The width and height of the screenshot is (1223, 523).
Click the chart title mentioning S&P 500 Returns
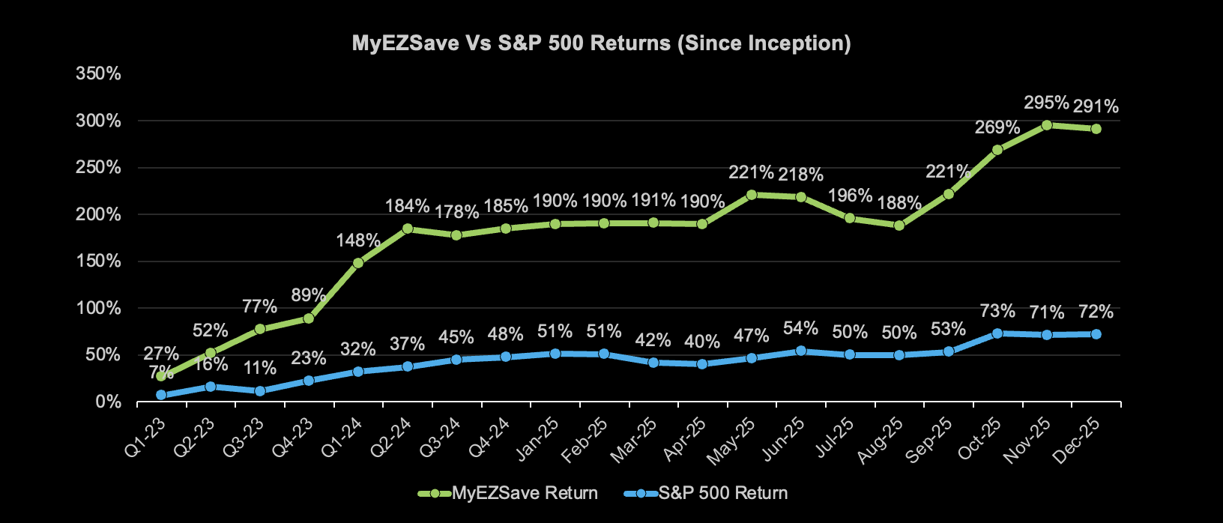tap(601, 43)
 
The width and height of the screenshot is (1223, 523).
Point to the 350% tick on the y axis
tap(98, 73)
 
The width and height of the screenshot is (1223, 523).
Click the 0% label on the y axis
tap(109, 402)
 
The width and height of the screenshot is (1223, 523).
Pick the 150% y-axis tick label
tap(98, 261)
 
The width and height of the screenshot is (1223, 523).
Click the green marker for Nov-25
tap(1047, 125)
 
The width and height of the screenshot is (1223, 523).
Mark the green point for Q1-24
tap(358, 263)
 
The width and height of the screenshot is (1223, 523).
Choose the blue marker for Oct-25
tap(997, 333)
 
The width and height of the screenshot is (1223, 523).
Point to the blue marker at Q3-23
tap(259, 391)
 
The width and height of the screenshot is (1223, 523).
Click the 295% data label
tap(1047, 103)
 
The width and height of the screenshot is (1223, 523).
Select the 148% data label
tap(358, 241)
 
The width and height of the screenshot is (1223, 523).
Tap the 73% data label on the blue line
tap(997, 311)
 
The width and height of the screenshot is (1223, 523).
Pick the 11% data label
tap(259, 369)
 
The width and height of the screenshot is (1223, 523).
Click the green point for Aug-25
tap(899, 226)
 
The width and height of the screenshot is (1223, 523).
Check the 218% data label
tap(801, 175)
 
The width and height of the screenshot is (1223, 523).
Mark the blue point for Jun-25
tap(801, 351)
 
